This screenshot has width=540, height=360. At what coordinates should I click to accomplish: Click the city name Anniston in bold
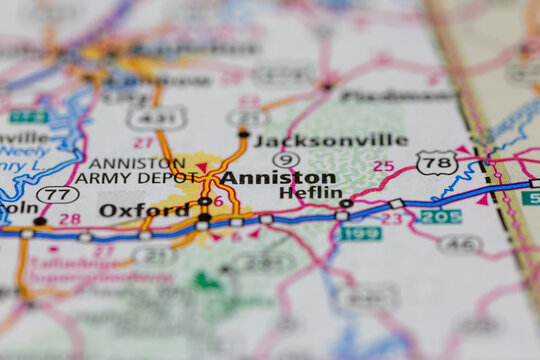coord(278,177)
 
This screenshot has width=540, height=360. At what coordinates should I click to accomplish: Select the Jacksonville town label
coord(330,141)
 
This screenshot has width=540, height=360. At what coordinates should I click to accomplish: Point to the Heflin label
coord(303,192)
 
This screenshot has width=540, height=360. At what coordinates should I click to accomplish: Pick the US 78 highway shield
coord(436,162)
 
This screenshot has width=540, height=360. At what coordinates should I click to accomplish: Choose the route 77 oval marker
coord(57,194)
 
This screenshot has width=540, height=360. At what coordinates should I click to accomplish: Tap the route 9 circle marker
coord(286,159)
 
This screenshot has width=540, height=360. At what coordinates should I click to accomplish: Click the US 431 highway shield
coord(156,118)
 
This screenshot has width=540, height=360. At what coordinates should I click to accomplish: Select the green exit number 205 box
coord(440,216)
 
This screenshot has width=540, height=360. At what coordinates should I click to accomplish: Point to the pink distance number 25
coord(383,166)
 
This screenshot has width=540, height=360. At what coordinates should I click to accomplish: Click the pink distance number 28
coord(69,218)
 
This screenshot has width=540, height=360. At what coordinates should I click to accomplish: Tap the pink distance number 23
coord(391,218)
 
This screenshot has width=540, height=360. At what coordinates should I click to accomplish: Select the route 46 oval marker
coord(460,243)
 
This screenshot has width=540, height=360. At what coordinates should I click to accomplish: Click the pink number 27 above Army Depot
coord(143,143)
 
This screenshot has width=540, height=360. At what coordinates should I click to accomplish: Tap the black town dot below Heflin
coord(346,203)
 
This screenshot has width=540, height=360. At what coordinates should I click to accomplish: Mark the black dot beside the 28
coord(40,221)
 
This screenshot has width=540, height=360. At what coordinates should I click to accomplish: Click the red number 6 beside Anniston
coord(218,200)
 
